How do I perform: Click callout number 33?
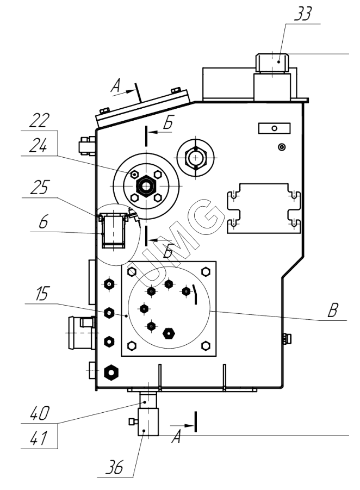[x=303, y=14]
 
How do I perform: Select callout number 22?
[x=39, y=121]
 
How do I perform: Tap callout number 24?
[x=39, y=146]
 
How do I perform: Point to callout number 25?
[x=40, y=187]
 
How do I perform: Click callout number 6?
[x=44, y=221]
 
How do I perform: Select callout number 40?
[x=40, y=413]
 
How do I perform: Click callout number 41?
[x=39, y=438]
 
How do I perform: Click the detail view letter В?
[x=333, y=310]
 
